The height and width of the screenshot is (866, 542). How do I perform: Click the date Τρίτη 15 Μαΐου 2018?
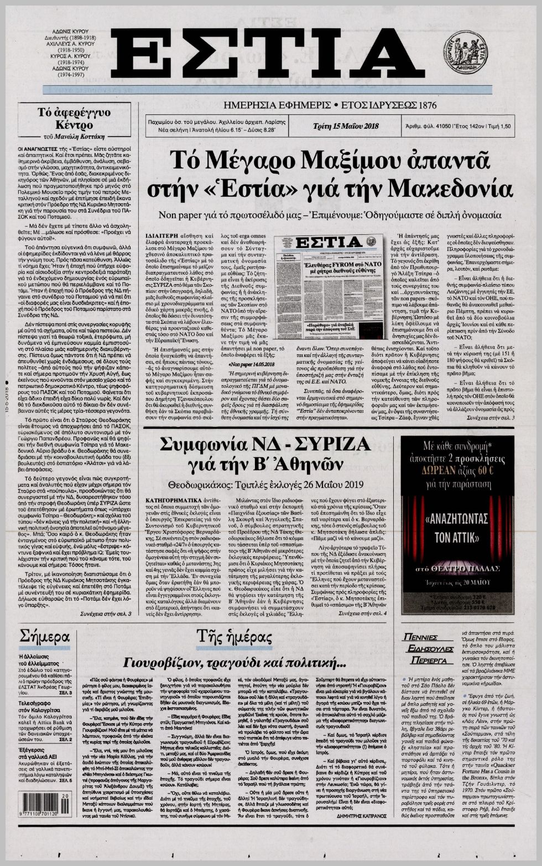point(344,127)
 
